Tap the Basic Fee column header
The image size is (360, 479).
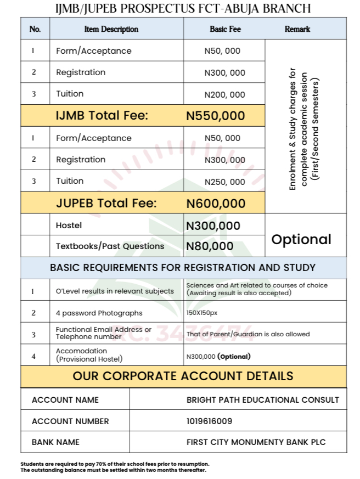coord(225,29)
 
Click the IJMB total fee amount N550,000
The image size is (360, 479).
coord(216,116)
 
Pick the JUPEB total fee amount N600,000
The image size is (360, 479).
coord(216,204)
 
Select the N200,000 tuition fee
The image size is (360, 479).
coord(225,94)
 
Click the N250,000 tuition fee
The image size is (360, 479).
coord(225,182)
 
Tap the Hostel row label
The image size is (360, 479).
coord(69,226)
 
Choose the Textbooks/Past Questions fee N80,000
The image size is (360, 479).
coord(210,246)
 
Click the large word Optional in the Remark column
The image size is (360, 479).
coord(302,239)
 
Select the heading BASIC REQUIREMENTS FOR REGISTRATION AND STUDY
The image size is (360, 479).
coord(183,268)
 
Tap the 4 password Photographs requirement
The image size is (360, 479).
coord(99,313)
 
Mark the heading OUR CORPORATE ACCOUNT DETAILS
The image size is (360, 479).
coord(183,376)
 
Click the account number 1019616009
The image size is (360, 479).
coord(209,421)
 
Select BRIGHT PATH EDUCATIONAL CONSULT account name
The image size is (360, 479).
coord(263,400)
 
